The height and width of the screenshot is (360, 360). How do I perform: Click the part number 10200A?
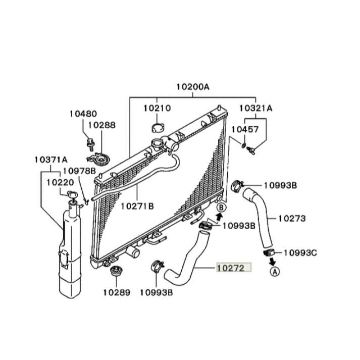pos(193,87)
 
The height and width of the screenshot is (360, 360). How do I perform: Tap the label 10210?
pos(157,108)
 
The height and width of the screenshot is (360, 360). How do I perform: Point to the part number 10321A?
pos(256,108)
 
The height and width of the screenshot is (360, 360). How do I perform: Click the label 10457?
pos(245,129)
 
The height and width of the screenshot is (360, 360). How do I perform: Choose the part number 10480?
pos(83,114)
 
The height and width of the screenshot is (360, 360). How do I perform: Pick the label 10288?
pos(102,125)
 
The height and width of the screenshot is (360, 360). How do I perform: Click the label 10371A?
pos(51,160)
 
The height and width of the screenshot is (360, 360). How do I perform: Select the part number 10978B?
pos(79,171)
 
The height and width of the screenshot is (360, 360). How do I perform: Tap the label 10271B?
pos(137,206)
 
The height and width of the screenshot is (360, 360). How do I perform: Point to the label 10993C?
pos(300,253)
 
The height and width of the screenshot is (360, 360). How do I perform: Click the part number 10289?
pos(117,292)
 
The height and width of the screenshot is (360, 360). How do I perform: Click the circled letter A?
pos(275,272)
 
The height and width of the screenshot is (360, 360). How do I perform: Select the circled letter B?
pos(221,208)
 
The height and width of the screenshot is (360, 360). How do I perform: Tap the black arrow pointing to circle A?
pos(272,261)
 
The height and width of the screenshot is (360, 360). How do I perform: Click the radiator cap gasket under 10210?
pos(158,128)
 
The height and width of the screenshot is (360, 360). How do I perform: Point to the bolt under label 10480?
pos(90,144)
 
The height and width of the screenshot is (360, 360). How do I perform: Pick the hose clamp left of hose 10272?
pos(157,266)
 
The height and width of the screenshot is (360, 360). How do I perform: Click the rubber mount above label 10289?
pos(117,271)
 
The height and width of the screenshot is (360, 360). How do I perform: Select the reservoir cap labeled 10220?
pos(72,194)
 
